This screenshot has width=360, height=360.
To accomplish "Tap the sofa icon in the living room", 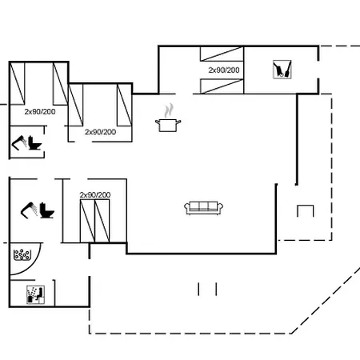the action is tap(204, 208).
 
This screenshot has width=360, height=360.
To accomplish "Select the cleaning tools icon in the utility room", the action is tap(282, 70).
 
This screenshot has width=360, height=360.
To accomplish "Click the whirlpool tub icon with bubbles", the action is tap(22, 255).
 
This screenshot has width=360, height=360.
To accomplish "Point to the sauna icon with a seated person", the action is tap(35, 294).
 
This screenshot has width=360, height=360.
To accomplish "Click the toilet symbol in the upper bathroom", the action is tap(34, 143).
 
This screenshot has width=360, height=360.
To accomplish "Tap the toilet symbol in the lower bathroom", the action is tap(47, 210).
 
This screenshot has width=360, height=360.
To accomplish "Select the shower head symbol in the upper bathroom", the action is tap(18, 143).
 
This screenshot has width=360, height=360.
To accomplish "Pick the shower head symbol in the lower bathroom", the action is tap(29, 210).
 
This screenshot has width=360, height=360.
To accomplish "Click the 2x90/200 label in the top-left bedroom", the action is tap(40, 112).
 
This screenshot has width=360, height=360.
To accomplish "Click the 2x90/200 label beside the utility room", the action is tap(224, 70).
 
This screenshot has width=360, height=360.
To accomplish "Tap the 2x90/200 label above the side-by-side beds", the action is tap(95, 195).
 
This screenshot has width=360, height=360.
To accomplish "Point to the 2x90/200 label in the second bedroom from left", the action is tap(100, 132).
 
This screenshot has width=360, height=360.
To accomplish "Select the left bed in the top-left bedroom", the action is tap(17, 83).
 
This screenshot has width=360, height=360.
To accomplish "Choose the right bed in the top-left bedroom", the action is tap(60, 83).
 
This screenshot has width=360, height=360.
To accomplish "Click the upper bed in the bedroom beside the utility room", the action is tap(222, 54).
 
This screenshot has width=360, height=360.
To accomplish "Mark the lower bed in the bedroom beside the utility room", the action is tap(222, 86).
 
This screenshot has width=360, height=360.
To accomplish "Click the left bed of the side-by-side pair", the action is tap(87, 221).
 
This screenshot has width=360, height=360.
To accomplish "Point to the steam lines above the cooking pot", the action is tap(169, 110).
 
